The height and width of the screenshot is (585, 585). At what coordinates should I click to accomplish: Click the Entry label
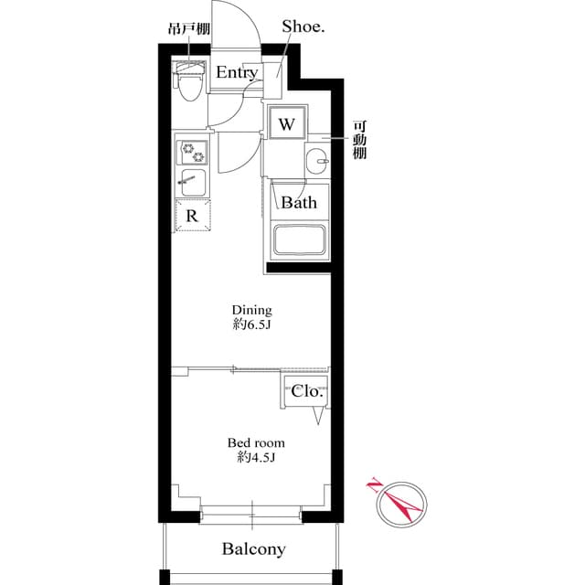[237, 73]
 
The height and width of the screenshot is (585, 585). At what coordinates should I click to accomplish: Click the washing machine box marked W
[285, 124]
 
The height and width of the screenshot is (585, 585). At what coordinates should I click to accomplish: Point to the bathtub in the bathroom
[298, 239]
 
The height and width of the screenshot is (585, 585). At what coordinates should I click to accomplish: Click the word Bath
[298, 202]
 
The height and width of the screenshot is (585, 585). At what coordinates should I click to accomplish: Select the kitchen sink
[193, 180]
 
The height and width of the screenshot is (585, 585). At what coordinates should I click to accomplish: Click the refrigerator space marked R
[193, 217]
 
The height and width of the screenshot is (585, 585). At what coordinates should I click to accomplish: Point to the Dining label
[251, 310]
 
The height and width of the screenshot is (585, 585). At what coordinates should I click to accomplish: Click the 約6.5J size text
[251, 324]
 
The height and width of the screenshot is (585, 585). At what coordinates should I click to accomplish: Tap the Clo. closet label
[306, 390]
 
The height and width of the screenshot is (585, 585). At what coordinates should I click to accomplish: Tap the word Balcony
[253, 549]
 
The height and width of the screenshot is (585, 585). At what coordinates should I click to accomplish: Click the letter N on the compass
[374, 486]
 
